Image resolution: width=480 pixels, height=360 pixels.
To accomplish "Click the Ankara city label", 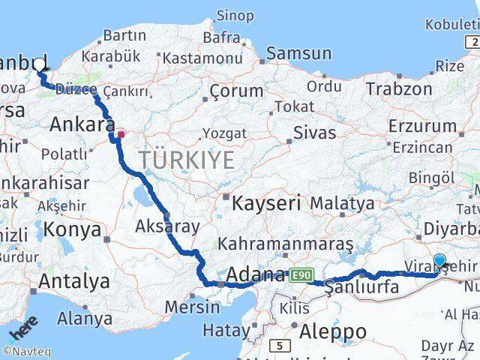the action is pos(82,125).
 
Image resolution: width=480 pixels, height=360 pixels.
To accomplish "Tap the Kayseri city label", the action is pos(266,202).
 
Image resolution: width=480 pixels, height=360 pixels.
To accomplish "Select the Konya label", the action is pos(72,229).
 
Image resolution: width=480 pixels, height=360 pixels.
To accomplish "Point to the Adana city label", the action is pos(256,274).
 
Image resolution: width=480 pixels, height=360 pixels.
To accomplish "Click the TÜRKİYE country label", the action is pos(186,160).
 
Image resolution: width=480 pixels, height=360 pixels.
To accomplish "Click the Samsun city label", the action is pos(298,53).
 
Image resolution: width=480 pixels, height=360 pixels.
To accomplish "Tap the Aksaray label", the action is pos(167,226).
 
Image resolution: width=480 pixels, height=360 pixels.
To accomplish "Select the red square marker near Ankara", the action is pos(120,135).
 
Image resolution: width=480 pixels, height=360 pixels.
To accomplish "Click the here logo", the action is pos(22,331).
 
